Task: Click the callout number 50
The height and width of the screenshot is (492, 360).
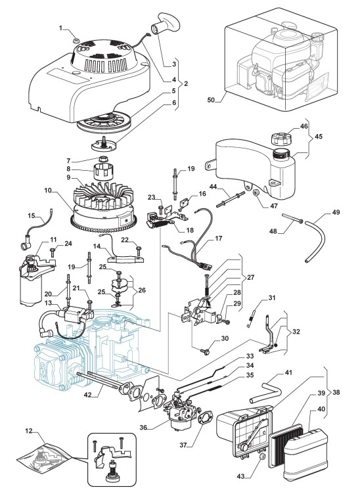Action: pyautogui.click(x=212, y=100)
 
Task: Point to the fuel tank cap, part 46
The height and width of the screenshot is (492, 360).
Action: pyautogui.click(x=279, y=138)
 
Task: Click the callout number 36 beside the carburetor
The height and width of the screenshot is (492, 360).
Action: pyautogui.click(x=143, y=428)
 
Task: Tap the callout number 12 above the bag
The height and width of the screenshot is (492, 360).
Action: pyautogui.click(x=28, y=432)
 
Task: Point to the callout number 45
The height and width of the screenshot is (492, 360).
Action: pyautogui.click(x=318, y=137)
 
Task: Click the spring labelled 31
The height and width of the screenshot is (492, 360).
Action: pyautogui.click(x=251, y=317)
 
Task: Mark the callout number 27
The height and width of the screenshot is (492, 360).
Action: pyautogui.click(x=250, y=277)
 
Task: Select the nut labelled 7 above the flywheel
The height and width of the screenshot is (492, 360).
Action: pyautogui.click(x=104, y=158)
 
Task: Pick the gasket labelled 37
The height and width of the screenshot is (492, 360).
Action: pyautogui.click(x=205, y=420)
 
